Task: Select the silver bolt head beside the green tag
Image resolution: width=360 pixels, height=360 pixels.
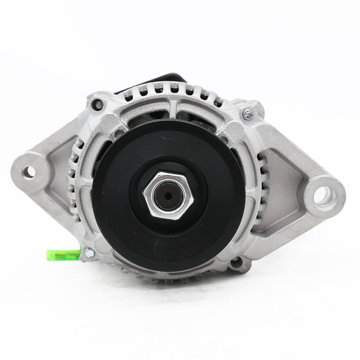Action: click(89, 253)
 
